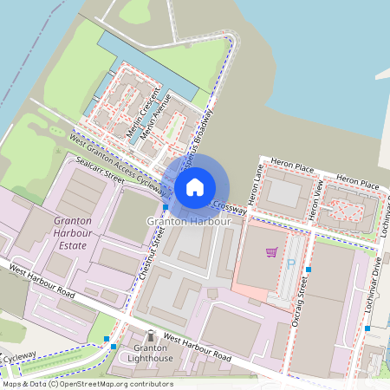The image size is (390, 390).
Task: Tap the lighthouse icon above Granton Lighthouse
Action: pos(151,335)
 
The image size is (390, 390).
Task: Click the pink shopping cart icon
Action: pos(272,252)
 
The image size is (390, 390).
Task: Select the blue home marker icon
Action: pos(195,186)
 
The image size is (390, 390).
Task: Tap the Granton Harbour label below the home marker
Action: pos(189,222)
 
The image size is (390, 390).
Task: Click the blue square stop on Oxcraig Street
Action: pos(309,270)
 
